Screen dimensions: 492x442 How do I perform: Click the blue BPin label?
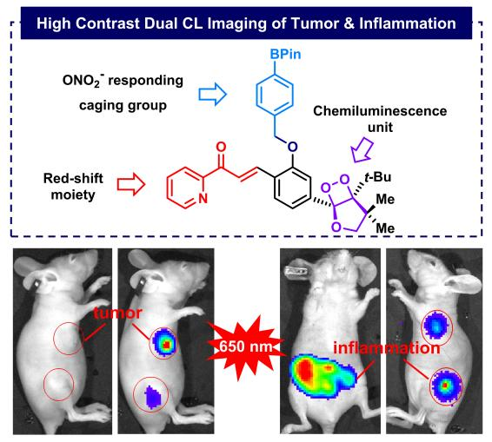click(285, 54)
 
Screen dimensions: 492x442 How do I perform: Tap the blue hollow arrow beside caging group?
click(212, 94)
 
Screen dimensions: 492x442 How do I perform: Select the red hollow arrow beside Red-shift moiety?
click(131, 184)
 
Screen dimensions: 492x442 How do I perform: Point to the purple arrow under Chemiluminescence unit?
click(362, 149)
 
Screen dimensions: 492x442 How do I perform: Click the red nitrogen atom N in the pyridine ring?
click(203, 198)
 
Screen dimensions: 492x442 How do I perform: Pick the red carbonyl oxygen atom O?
click(222, 147)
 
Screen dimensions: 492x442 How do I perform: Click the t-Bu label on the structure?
click(377, 177)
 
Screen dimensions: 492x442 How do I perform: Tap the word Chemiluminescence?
click(380, 111)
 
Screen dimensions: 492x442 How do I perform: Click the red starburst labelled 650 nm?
click(246, 346)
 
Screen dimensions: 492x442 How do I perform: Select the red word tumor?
click(118, 313)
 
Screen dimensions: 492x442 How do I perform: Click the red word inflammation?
click(387, 348)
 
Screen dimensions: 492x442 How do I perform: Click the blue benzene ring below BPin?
click(276, 94)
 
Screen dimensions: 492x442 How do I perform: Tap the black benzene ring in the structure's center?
click(293, 188)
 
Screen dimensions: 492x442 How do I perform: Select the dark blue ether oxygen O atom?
click(292, 147)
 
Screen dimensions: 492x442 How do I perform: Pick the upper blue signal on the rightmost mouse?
click(435, 326)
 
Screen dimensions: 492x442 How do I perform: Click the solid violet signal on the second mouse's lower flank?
click(153, 397)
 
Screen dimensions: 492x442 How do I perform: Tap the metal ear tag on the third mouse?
click(297, 271)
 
